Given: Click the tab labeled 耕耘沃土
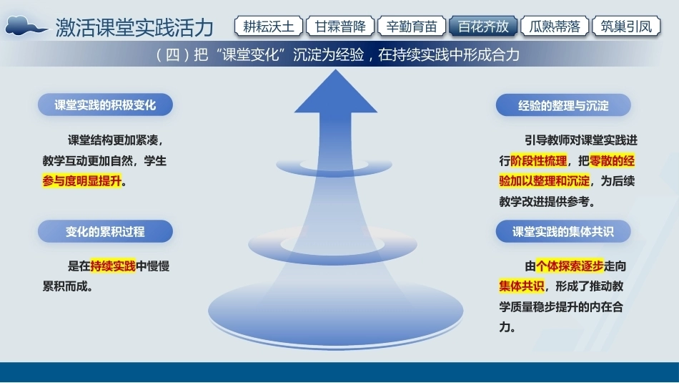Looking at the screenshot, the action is (269, 26).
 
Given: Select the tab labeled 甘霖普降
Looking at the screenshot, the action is (340, 26).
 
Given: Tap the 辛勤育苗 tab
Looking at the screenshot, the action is (412, 26).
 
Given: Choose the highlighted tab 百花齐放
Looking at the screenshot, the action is (483, 26).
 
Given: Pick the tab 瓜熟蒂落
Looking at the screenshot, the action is (555, 26).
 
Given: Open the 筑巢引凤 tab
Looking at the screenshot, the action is (626, 26).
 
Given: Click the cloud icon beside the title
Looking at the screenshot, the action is (26, 26).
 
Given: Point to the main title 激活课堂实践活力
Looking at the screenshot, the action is (134, 27).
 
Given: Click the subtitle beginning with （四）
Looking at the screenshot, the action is (337, 55).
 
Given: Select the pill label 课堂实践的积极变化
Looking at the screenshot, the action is (105, 105).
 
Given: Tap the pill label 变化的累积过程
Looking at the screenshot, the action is (105, 231).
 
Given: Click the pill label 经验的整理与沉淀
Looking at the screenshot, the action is (563, 105).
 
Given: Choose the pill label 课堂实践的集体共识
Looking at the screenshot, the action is (563, 231).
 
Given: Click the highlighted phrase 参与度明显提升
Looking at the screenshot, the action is (82, 180).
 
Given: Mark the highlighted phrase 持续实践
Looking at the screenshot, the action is (113, 266).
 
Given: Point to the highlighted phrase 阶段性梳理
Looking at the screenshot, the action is (539, 160).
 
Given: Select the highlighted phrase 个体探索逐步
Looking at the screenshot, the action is (570, 266).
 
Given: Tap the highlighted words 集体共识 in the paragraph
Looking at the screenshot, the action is (522, 286).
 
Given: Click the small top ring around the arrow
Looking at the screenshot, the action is (334, 173).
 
